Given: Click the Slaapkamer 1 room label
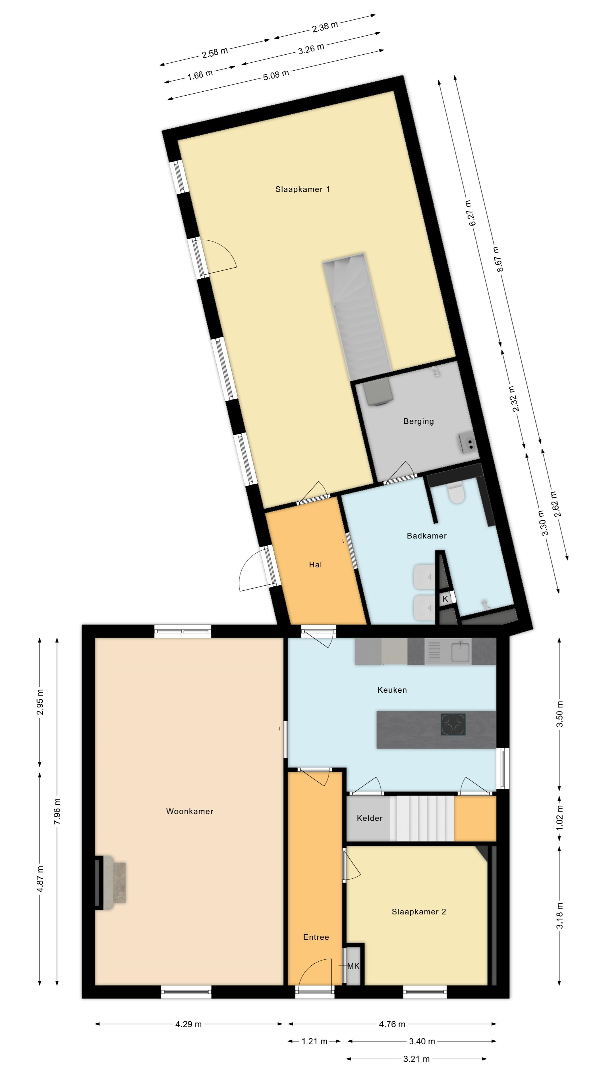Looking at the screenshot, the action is pyautogui.click(x=302, y=189).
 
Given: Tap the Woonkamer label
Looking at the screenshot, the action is pyautogui.click(x=190, y=811).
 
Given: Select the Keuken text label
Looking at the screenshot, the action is pyautogui.click(x=392, y=690).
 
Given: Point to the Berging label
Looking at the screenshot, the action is pyautogui.click(x=418, y=421).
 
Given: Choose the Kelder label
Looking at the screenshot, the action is pyautogui.click(x=369, y=818).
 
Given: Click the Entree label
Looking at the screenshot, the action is pyautogui.click(x=316, y=937).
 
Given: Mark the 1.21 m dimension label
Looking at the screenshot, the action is pyautogui.click(x=314, y=1041).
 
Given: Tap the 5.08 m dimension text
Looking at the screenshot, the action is pyautogui.click(x=276, y=75).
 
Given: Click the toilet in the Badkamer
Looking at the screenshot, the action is pyautogui.click(x=456, y=494).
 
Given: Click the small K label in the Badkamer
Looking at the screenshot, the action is pyautogui.click(x=445, y=599).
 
